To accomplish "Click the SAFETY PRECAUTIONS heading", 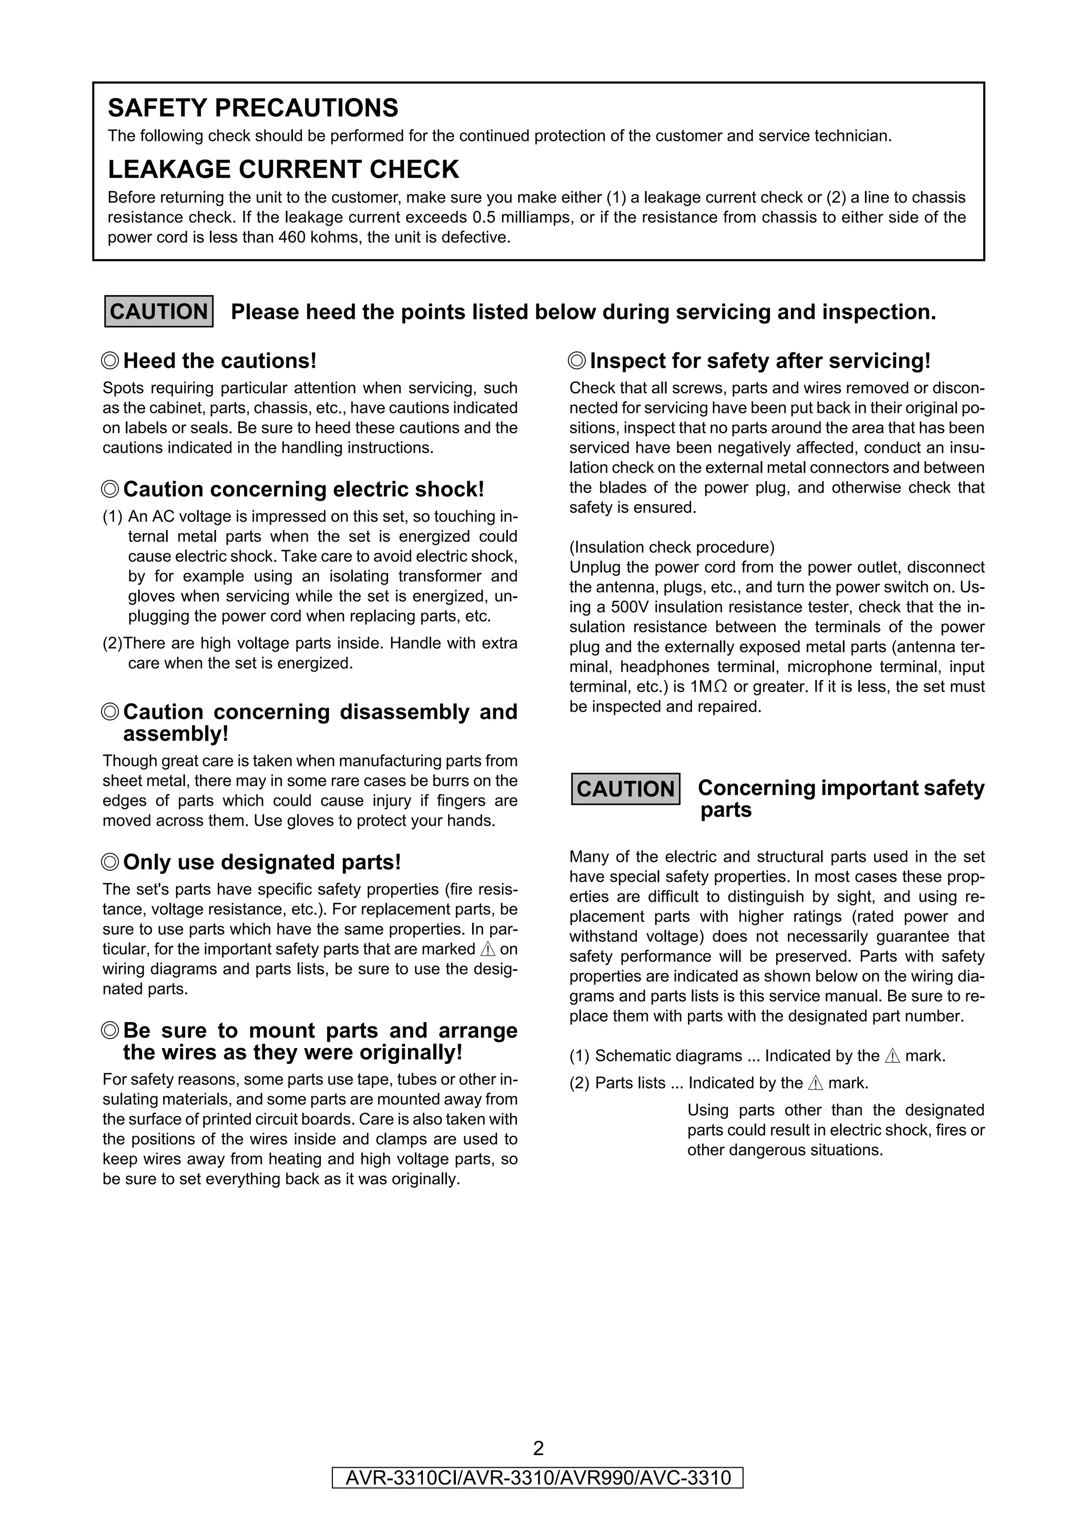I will (x=253, y=107).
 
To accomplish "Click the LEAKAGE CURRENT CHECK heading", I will (x=283, y=169).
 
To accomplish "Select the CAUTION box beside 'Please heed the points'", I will (x=159, y=311).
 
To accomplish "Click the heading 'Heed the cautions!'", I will (x=220, y=361).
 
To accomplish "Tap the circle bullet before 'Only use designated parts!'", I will (x=111, y=862).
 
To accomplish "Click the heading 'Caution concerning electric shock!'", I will (x=303, y=489).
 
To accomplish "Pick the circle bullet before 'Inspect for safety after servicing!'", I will (x=577, y=361).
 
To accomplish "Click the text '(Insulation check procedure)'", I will (x=672, y=547).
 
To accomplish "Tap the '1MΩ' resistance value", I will (x=709, y=686).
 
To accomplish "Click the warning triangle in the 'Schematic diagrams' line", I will (x=892, y=1056).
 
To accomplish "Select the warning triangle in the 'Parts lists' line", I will (x=816, y=1083).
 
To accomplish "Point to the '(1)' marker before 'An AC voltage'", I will (x=113, y=516).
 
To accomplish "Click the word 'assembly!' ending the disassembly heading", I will (x=176, y=734).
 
